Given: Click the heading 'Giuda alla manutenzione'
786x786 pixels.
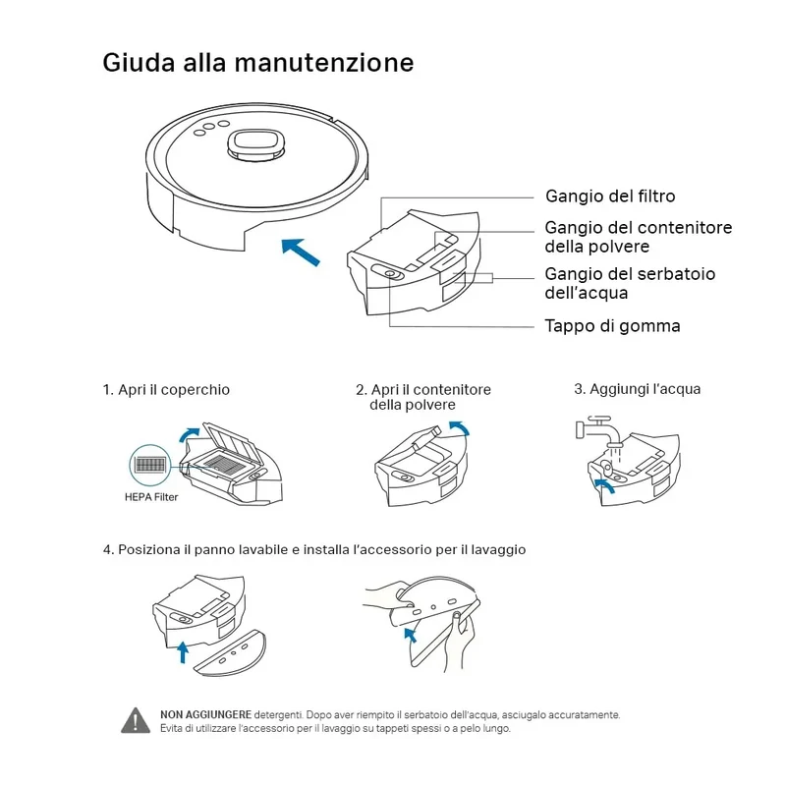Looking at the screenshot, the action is point(258,63).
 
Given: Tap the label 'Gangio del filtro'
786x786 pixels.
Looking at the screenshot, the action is point(610,196).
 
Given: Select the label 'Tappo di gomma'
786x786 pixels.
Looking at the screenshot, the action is point(612,326).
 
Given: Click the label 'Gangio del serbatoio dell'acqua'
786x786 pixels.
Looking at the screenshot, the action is point(630,283).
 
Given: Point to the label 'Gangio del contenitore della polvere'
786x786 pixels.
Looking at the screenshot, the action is point(638,237).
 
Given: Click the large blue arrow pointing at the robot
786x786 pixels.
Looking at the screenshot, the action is point(301,253).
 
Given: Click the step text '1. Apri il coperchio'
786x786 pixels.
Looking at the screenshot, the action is point(166,389).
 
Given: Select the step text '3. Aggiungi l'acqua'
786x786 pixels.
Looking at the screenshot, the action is point(637,389).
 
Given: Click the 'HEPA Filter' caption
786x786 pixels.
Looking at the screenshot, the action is point(151,497).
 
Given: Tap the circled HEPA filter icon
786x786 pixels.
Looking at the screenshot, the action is point(150,465).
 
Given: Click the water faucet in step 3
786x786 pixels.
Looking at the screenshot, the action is point(598,430).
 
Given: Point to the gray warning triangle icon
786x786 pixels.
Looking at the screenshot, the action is point(136,720).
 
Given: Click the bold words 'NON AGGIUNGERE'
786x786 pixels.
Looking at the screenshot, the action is point(205,714).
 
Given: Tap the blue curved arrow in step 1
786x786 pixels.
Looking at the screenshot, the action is point(188,435).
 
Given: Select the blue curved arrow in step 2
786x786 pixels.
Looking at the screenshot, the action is point(461,427).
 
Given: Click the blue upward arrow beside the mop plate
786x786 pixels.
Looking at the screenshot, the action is point(184,651).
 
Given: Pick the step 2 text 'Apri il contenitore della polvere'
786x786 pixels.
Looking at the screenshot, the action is point(423,397).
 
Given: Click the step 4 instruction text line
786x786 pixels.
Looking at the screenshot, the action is point(314,550).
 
